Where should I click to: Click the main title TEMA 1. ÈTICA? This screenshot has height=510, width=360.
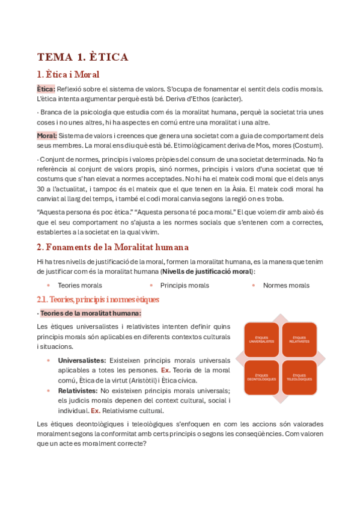click(x=82, y=57)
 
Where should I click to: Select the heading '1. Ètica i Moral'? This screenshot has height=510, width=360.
click(x=68, y=75)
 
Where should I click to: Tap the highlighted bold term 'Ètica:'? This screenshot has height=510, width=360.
click(x=46, y=89)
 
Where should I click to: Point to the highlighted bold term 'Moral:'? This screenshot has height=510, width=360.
click(x=47, y=135)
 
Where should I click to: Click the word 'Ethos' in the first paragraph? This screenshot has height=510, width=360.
click(x=185, y=99)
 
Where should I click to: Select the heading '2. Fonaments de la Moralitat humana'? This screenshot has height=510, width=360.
click(x=112, y=247)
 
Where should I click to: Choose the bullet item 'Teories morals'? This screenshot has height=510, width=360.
click(x=80, y=285)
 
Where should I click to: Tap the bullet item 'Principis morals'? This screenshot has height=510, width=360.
click(x=185, y=285)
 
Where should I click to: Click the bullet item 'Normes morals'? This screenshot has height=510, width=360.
click(x=286, y=285)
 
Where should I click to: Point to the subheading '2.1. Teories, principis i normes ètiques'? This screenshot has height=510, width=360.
click(x=98, y=299)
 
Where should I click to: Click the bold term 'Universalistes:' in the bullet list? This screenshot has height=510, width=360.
click(x=82, y=360)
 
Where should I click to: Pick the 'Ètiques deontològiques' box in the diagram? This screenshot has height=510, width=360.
click(x=261, y=378)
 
